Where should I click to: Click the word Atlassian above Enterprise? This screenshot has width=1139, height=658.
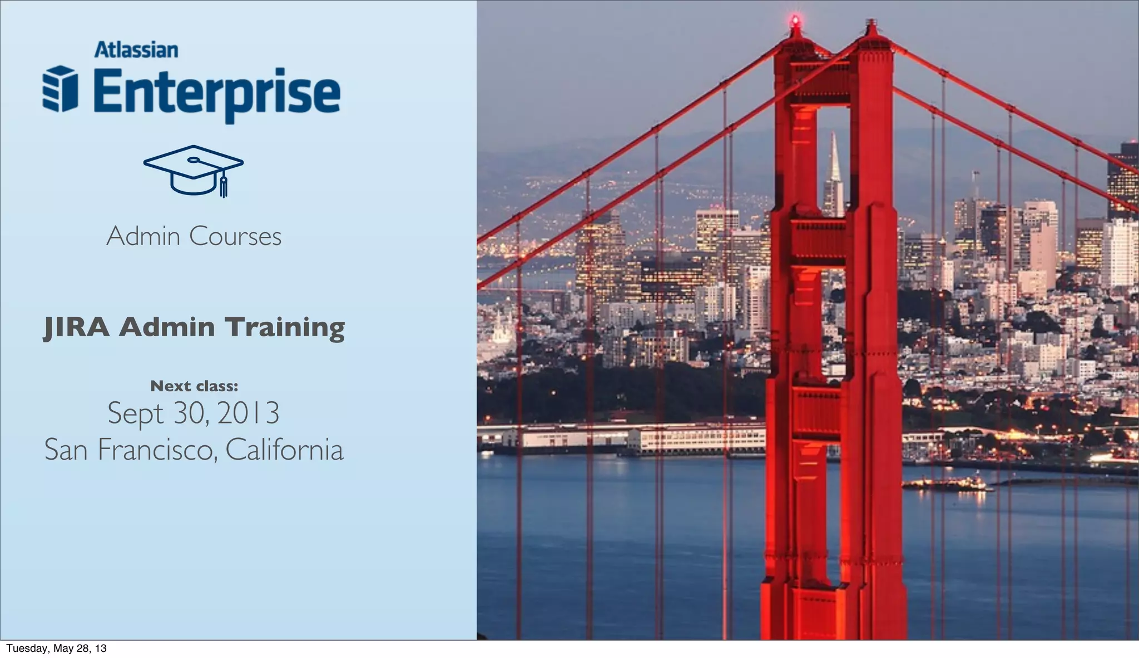pyautogui.click(x=136, y=50)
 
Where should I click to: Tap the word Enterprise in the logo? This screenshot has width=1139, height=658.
pyautogui.click(x=217, y=92)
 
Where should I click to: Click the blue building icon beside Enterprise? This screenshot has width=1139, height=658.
pyautogui.click(x=60, y=89)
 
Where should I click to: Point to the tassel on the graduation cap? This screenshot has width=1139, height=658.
pyautogui.click(x=224, y=186)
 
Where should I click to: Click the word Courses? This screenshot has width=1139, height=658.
pyautogui.click(x=235, y=237)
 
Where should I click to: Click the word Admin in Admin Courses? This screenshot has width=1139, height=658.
pyautogui.click(x=143, y=237)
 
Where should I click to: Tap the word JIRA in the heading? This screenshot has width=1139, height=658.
pyautogui.click(x=77, y=327)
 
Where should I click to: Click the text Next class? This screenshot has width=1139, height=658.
pyautogui.click(x=194, y=386)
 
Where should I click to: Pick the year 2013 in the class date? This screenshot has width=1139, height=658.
pyautogui.click(x=248, y=413)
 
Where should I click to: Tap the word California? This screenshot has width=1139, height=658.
pyautogui.click(x=284, y=450)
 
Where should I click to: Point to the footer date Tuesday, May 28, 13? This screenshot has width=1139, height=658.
pyautogui.click(x=56, y=649)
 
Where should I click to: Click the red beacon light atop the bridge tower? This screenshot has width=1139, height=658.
pyautogui.click(x=796, y=21)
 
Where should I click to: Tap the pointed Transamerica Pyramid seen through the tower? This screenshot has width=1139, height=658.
pyautogui.click(x=833, y=178)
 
